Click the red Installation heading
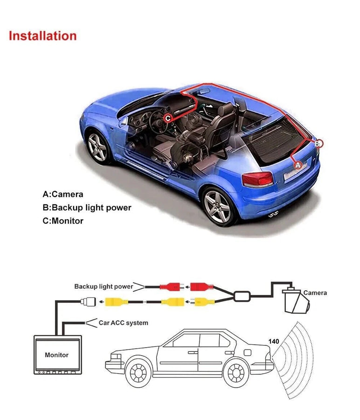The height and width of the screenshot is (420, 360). click(x=42, y=36)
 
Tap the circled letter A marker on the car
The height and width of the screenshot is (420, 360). click(x=298, y=164)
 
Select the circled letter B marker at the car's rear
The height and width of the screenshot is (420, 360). click(x=318, y=144)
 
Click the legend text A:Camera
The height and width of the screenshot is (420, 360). click(x=63, y=194)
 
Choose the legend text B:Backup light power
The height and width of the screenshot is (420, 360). click(x=87, y=208)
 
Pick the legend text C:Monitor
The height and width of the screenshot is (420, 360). click(x=63, y=221)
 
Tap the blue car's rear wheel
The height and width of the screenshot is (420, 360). click(x=218, y=206)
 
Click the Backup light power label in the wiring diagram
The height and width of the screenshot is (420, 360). click(x=104, y=287)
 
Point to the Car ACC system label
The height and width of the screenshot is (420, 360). click(x=123, y=322)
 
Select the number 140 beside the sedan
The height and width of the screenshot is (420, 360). click(x=274, y=342)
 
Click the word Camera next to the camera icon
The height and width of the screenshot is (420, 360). click(x=315, y=293)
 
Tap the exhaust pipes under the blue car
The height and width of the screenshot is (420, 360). click(x=273, y=216)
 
